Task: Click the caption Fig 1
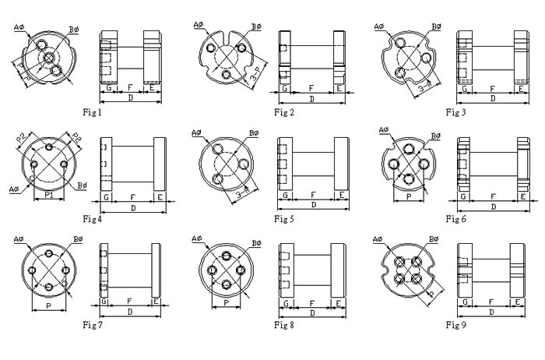click(x=93, y=112)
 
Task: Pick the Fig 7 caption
click(x=93, y=323)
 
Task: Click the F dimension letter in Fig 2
click(x=311, y=88)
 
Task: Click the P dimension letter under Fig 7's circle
click(x=49, y=306)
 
